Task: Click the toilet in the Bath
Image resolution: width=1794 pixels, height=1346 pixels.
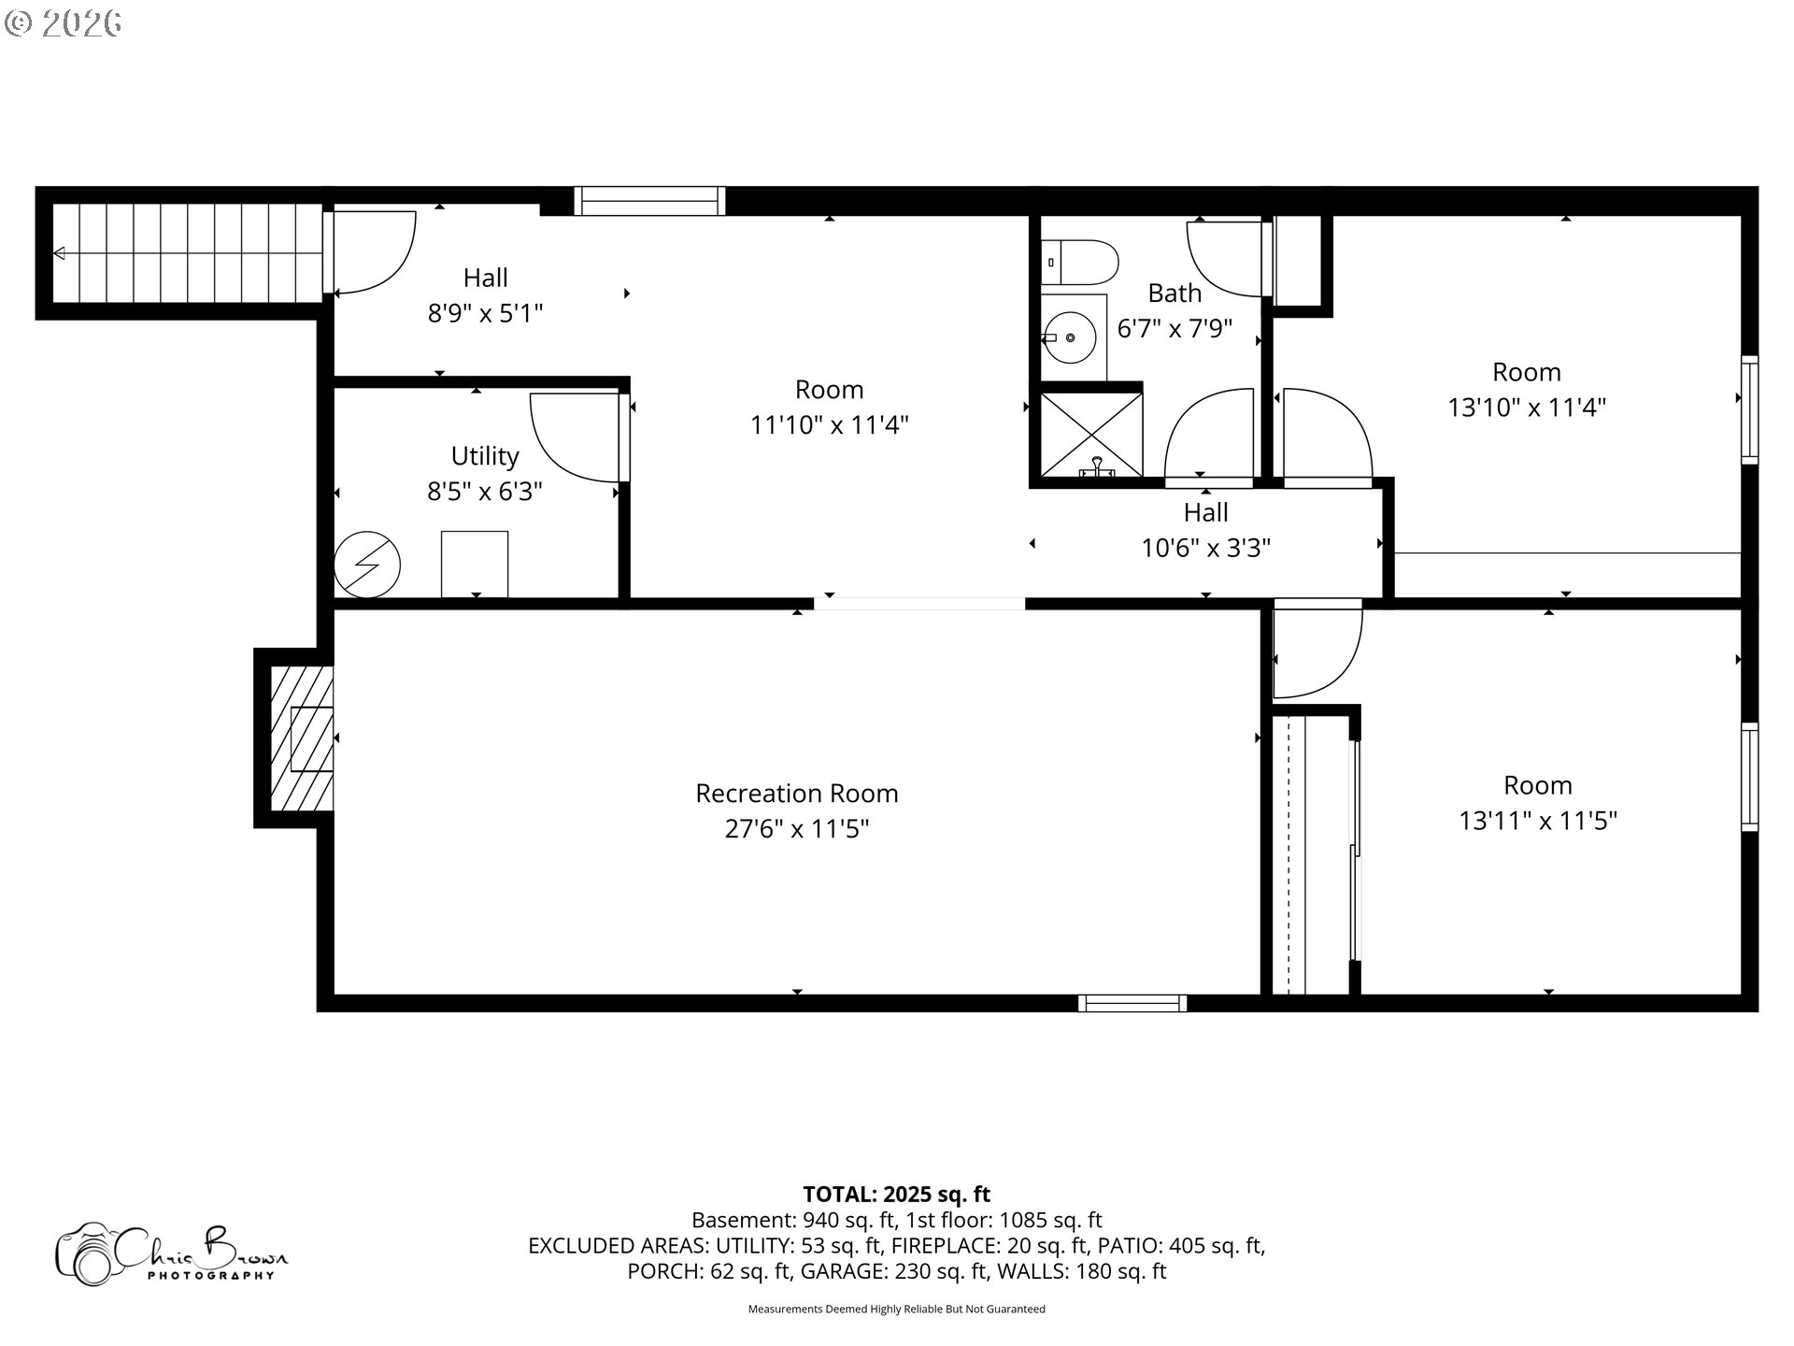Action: [1081, 263]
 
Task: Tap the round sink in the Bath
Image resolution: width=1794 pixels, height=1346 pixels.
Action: [1071, 338]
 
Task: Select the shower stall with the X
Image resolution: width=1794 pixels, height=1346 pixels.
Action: [1090, 434]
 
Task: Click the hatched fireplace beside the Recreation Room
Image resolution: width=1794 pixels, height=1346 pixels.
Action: [301, 738]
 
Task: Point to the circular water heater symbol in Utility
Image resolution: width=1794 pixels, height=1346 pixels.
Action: [367, 565]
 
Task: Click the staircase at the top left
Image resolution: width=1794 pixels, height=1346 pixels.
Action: [187, 252]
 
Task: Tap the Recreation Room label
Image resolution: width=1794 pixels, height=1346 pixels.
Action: [796, 794]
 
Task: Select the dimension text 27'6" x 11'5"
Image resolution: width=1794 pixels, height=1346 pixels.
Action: [796, 829]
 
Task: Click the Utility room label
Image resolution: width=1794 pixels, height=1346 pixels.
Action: [484, 456]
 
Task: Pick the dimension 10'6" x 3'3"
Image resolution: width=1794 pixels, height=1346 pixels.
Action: [1205, 548]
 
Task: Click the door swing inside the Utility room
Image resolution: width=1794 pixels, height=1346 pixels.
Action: [572, 437]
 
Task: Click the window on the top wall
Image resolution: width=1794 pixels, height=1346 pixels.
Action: [649, 201]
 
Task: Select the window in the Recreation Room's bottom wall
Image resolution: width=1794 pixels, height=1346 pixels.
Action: [1132, 1003]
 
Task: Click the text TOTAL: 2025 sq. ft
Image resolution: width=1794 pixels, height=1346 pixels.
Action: [896, 1194]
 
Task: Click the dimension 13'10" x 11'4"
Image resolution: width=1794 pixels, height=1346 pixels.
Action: [1526, 408]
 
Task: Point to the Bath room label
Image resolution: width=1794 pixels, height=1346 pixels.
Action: [1174, 294]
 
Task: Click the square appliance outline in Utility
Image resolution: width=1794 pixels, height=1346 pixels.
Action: [475, 564]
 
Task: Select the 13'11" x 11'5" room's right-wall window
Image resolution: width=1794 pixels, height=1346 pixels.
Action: [1749, 777]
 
